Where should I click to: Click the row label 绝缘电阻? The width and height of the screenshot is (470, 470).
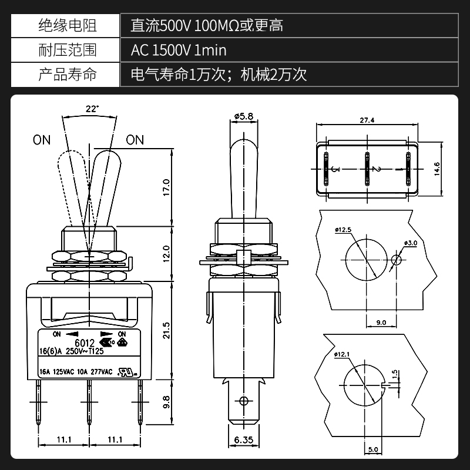point(66,25)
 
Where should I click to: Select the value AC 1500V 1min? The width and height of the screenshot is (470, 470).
point(179,50)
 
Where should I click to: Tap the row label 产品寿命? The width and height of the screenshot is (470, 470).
point(66,75)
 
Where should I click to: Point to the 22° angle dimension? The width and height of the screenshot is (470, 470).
point(90,109)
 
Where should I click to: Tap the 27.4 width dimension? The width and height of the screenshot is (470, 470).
point(367,120)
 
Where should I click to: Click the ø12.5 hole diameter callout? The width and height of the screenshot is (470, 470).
point(344,230)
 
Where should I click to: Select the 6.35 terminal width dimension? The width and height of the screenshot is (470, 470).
point(243,439)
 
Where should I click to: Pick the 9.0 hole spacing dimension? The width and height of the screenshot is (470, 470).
point(381,322)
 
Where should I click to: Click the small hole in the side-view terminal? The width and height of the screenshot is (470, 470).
point(243,401)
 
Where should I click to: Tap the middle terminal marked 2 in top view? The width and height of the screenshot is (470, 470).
point(367,169)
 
